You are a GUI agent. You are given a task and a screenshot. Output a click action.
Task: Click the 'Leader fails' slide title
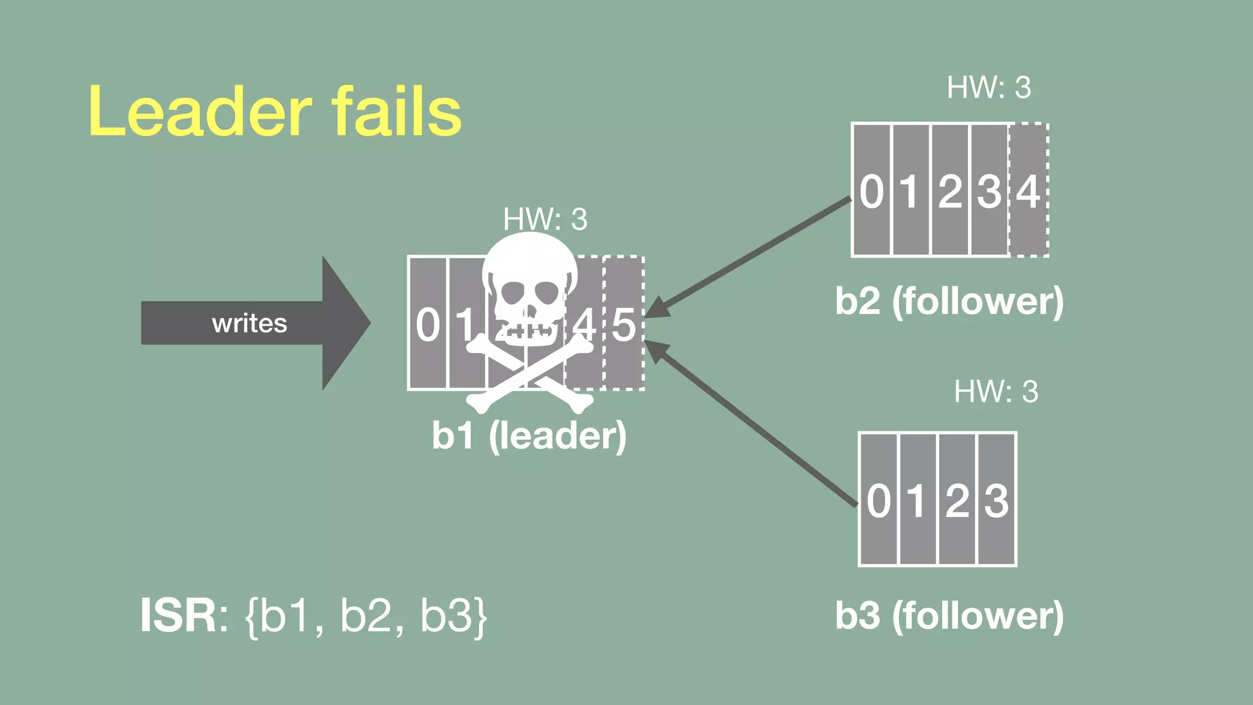275,111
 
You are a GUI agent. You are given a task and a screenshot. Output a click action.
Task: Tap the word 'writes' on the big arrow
249,323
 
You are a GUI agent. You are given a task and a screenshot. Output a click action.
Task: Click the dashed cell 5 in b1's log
624,324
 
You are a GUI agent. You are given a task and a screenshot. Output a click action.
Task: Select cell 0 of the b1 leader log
428,324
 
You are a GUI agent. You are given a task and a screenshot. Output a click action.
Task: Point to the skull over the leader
529,288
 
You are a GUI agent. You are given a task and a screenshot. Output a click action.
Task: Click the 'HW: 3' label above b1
545,219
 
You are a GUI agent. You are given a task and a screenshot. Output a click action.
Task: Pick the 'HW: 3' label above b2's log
989,88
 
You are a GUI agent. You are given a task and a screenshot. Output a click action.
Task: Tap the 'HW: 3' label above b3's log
996,392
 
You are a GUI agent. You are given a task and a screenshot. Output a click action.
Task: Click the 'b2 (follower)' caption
950,301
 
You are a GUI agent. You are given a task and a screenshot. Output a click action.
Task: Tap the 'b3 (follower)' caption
950,616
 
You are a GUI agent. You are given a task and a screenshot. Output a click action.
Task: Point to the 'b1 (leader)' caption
529,435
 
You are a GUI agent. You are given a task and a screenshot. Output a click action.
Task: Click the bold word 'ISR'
178,616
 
